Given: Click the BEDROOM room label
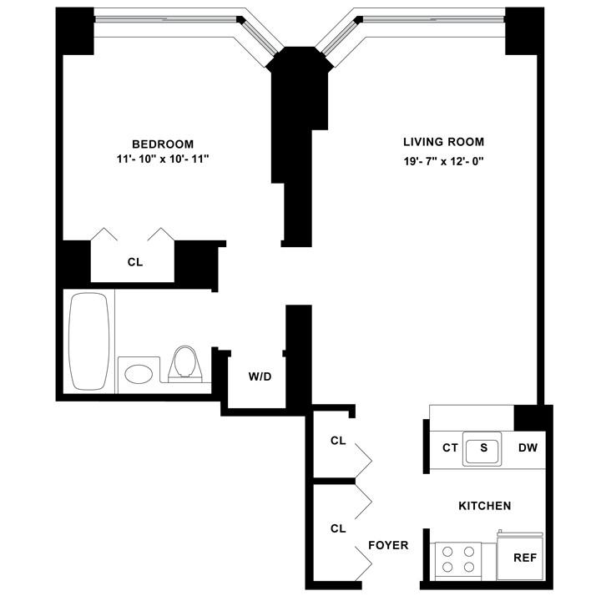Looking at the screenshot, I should (x=163, y=143).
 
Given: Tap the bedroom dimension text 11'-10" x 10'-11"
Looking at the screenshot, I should (x=163, y=159).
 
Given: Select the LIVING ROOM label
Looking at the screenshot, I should (x=443, y=142).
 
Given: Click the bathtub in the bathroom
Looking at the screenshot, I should (x=88, y=341).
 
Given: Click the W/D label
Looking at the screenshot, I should (x=260, y=376).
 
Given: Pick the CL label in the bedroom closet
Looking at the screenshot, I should (x=135, y=262).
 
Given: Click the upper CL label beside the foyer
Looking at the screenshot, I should (x=338, y=441).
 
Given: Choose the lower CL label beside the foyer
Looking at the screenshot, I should (x=338, y=528).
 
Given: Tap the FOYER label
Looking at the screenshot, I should (x=388, y=546).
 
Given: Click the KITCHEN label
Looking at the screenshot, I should (x=484, y=506).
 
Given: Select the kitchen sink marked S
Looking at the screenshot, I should (x=482, y=447).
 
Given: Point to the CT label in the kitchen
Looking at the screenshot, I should (x=450, y=448).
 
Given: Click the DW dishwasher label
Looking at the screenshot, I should (x=528, y=448).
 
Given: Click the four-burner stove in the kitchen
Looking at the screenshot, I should (x=458, y=559).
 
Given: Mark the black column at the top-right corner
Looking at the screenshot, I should (x=525, y=32).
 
